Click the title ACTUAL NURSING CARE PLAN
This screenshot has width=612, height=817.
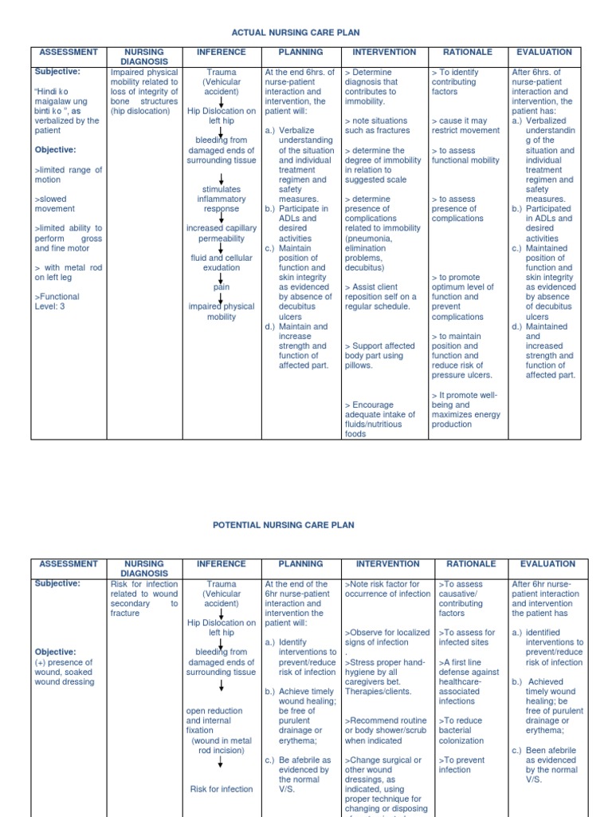click(x=295, y=33)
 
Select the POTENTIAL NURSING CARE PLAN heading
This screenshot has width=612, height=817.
click(x=283, y=525)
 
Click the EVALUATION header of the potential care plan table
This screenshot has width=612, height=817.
click(x=547, y=563)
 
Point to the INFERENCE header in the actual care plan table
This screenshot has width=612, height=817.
click(x=222, y=52)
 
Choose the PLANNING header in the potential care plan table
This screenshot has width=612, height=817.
click(x=300, y=563)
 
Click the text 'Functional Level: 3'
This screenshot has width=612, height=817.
click(x=57, y=302)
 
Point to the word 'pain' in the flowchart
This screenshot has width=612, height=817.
click(x=221, y=287)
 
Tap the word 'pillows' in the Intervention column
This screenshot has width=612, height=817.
click(x=359, y=365)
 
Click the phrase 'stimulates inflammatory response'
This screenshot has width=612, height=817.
click(x=222, y=199)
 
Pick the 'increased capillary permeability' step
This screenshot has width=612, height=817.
click(x=222, y=233)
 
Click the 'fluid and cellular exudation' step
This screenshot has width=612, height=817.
click(x=222, y=262)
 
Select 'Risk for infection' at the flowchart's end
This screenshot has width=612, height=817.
click(x=221, y=789)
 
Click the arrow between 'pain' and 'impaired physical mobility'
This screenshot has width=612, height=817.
click(x=221, y=297)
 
